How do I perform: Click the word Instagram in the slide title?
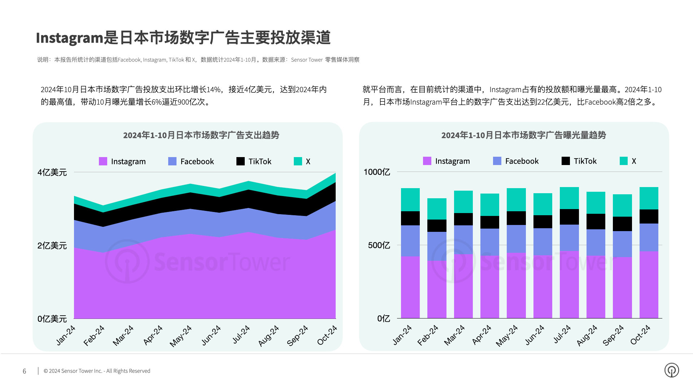[70, 38]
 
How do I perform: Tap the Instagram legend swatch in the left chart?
[103, 161]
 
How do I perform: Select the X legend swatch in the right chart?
[623, 161]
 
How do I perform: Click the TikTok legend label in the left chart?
[260, 161]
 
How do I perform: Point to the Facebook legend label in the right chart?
[522, 161]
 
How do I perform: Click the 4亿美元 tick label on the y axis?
[52, 173]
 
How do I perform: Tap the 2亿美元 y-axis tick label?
[52, 246]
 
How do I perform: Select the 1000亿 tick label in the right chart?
[376, 172]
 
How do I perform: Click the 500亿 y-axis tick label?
[379, 246]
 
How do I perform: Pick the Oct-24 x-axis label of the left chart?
[327, 335]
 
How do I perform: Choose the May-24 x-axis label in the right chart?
[506, 335]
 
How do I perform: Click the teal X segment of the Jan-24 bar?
[410, 199]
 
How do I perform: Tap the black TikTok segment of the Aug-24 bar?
[596, 221]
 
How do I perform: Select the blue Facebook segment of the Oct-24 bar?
[649, 237]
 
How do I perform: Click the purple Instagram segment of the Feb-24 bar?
[437, 289]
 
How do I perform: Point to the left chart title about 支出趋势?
[201, 135]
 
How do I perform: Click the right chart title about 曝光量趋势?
[523, 135]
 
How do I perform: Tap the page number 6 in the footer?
[25, 371]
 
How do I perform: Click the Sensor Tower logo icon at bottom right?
[671, 370]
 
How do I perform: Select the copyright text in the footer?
[97, 371]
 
